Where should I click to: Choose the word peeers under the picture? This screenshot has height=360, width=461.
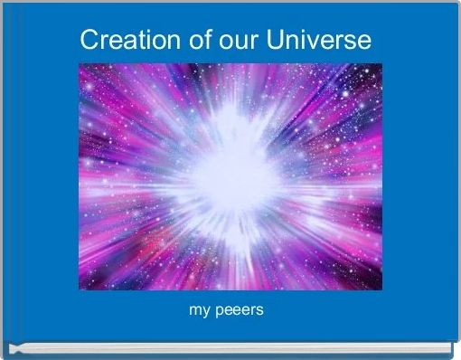click(x=239, y=311)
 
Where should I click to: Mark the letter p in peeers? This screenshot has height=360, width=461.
click(x=218, y=312)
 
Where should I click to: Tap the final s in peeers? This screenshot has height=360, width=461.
click(x=259, y=311)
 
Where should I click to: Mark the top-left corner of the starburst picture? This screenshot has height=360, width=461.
click(x=80, y=63)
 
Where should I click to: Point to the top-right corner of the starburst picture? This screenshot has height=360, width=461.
click(x=382, y=63)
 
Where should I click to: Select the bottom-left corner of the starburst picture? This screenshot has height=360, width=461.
click(x=80, y=289)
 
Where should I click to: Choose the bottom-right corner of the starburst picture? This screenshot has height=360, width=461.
click(x=382, y=289)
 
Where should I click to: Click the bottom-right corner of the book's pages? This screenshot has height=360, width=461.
click(x=452, y=352)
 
